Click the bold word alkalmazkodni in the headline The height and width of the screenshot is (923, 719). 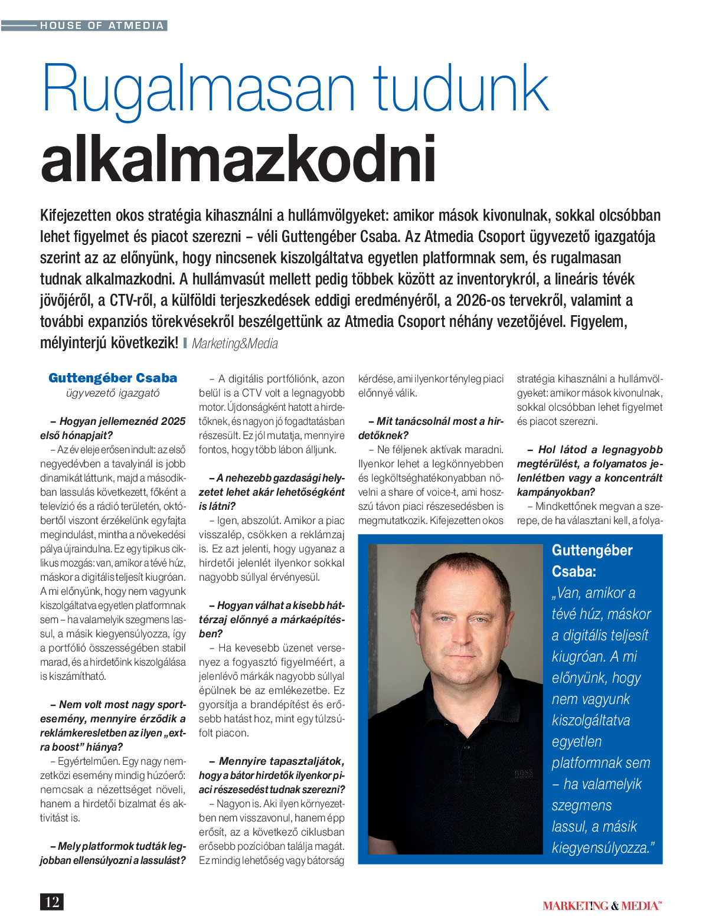238,159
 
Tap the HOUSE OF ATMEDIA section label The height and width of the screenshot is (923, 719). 102,25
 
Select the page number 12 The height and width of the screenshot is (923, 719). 52,902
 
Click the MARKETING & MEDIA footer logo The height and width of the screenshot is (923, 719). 602,905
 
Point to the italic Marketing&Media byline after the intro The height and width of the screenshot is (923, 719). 235,343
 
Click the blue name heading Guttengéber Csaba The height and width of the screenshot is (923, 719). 113,378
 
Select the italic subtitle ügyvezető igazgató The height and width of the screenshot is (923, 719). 113,393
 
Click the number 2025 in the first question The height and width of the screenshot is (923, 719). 174,421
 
